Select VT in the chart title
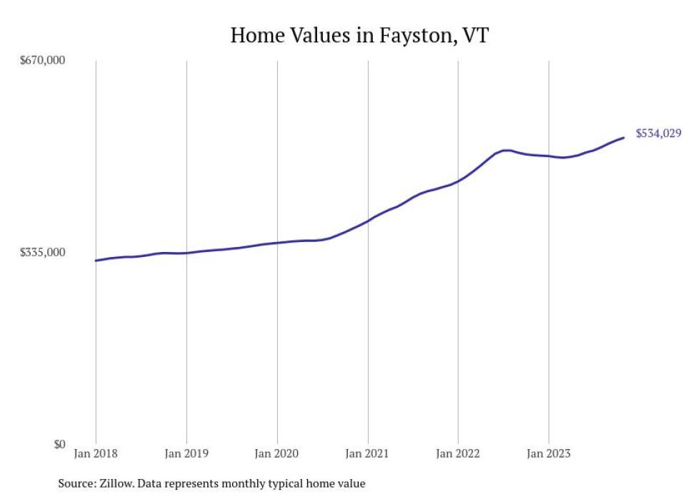(x=475, y=35)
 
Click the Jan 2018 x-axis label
(x=96, y=453)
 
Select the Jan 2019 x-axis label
(x=186, y=453)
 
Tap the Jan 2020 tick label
(x=277, y=453)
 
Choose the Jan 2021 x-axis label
(x=368, y=453)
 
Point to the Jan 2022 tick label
(x=458, y=453)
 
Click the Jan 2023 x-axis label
(x=549, y=453)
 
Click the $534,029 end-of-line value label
(x=659, y=133)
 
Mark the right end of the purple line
(x=624, y=138)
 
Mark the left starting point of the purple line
(x=96, y=261)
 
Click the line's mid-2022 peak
(x=506, y=151)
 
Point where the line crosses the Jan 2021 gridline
(x=368, y=221)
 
